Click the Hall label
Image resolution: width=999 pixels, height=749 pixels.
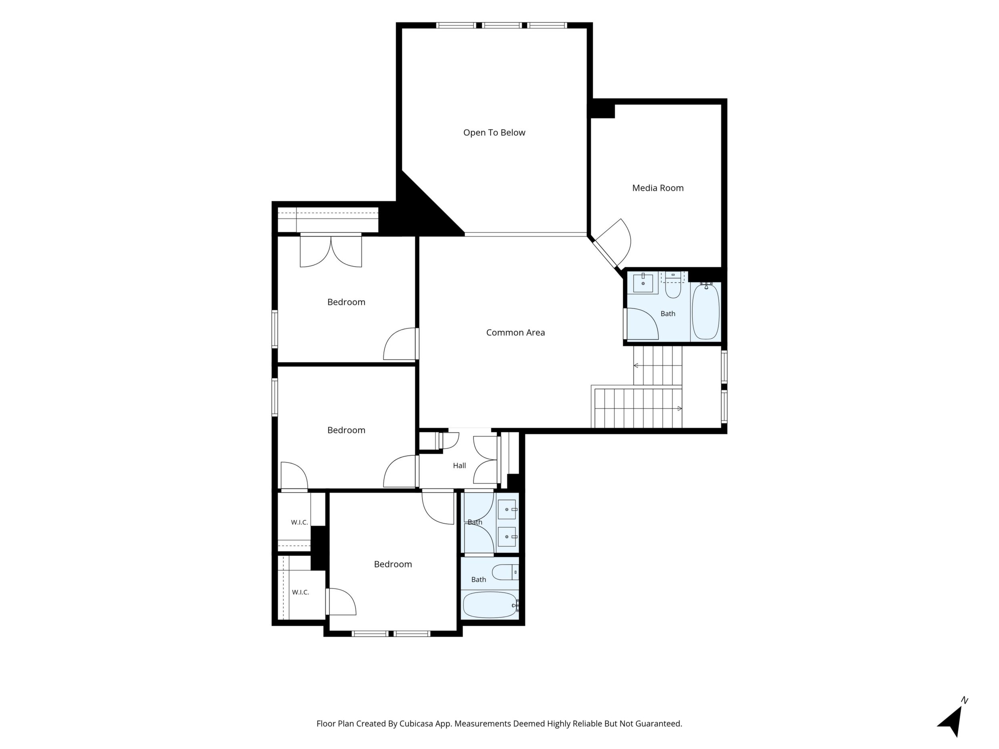coord(459,465)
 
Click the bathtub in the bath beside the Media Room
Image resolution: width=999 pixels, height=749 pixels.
coord(706,311)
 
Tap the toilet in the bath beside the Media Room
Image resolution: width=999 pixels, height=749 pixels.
coord(673,285)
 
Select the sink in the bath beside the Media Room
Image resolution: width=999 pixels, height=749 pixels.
coord(643,283)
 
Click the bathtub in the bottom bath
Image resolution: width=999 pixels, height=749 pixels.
coord(490,605)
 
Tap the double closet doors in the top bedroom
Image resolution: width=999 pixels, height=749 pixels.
coord(331,251)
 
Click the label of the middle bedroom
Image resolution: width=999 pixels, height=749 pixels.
coord(346,430)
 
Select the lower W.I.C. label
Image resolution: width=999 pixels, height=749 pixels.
coord(300,592)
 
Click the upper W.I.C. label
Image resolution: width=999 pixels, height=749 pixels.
coord(299,523)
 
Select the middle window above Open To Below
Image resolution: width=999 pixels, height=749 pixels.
coord(502,25)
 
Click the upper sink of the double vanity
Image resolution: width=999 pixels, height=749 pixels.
coord(507,509)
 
